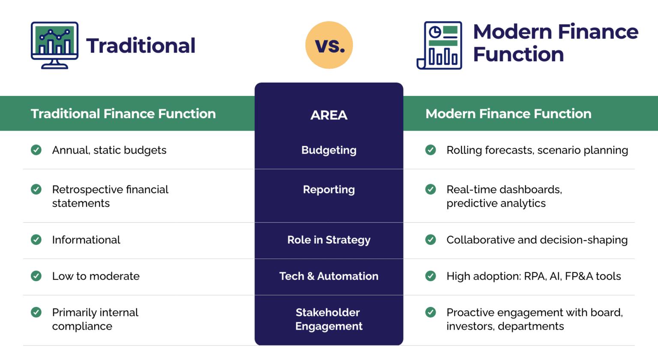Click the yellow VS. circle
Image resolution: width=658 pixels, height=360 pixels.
point(329,45)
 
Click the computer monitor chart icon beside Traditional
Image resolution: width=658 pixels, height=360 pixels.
point(54,45)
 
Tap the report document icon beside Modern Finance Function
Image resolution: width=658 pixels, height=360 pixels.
point(440,45)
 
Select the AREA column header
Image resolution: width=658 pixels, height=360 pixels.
point(329,115)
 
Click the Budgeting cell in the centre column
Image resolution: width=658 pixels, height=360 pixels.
point(329,150)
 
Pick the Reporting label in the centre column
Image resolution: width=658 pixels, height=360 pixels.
point(329,190)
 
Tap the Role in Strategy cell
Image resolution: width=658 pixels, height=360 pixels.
point(329,240)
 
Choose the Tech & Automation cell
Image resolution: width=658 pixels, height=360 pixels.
point(329,277)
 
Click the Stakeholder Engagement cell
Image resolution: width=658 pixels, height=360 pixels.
point(329,319)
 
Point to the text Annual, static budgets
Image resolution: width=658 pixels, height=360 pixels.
point(109,150)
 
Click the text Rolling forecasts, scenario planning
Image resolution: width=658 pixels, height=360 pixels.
point(537,150)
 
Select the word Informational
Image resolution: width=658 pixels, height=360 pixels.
point(86,240)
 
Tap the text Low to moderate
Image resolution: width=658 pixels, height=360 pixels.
point(96,277)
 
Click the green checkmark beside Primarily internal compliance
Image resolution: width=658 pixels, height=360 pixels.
point(36,312)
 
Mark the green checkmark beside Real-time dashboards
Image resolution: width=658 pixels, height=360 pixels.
point(431,189)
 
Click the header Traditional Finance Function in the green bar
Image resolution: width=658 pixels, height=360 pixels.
point(123,114)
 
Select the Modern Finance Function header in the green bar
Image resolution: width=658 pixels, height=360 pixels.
point(508,114)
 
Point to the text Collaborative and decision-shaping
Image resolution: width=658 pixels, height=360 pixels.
point(537,240)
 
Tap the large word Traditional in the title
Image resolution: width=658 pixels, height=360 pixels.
point(141,46)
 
